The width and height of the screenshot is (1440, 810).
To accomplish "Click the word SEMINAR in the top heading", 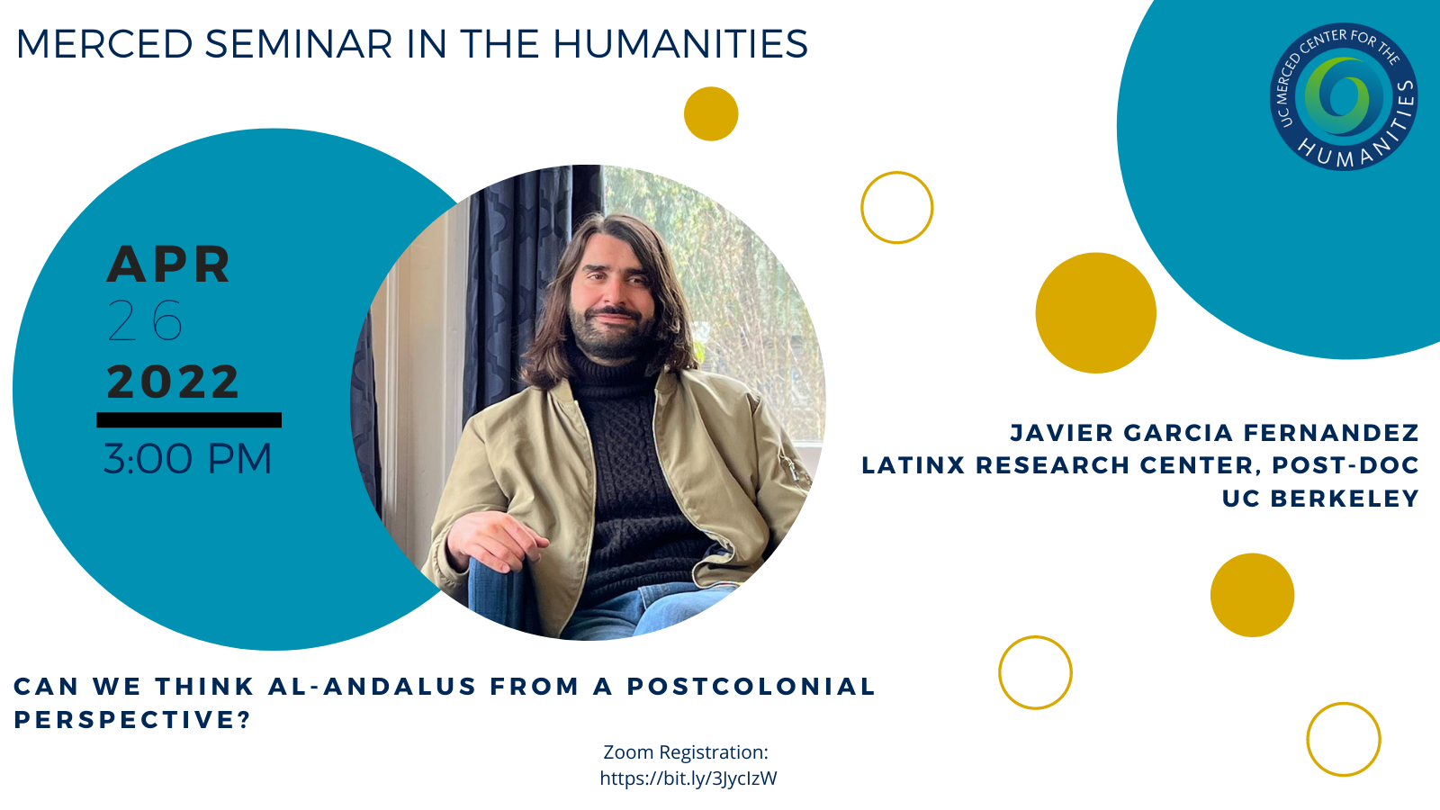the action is [x=299, y=44].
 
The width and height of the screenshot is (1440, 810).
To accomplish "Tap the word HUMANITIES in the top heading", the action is [x=680, y=44].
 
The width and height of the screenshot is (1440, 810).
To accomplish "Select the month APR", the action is [x=168, y=265].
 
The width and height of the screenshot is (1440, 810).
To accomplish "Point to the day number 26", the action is [x=145, y=320].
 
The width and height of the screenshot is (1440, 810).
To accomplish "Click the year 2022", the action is [x=172, y=382].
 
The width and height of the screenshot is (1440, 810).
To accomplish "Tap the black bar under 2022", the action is [x=189, y=419].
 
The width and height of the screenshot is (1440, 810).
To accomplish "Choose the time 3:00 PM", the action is [x=188, y=459].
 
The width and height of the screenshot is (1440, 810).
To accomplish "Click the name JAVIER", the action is [x=1061, y=433].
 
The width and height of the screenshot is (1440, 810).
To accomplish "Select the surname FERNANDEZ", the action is [x=1331, y=433].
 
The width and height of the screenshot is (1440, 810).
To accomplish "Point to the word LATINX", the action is [x=913, y=464].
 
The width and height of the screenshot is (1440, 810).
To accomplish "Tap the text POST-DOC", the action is [x=1345, y=464].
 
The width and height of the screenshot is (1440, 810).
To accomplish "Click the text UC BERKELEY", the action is [x=1320, y=499].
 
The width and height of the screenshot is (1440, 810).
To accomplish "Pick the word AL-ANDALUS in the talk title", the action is [x=373, y=687].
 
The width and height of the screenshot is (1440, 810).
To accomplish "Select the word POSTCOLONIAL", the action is [x=751, y=687].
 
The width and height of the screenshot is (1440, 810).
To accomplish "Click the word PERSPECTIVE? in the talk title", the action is [x=131, y=720].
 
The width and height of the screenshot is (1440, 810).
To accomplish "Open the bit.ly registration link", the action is [x=688, y=778].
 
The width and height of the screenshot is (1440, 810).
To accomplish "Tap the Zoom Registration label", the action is [x=686, y=752].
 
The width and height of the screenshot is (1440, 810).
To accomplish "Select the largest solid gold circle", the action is [x=1096, y=313].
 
